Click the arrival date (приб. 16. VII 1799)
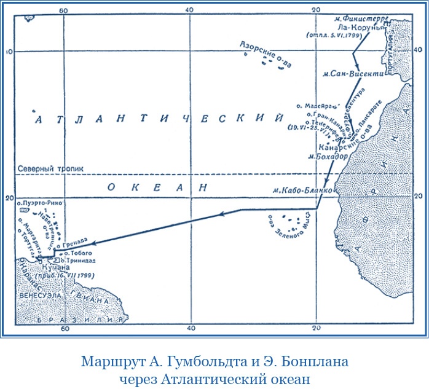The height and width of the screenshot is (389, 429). pyautogui.click(x=62, y=277)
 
